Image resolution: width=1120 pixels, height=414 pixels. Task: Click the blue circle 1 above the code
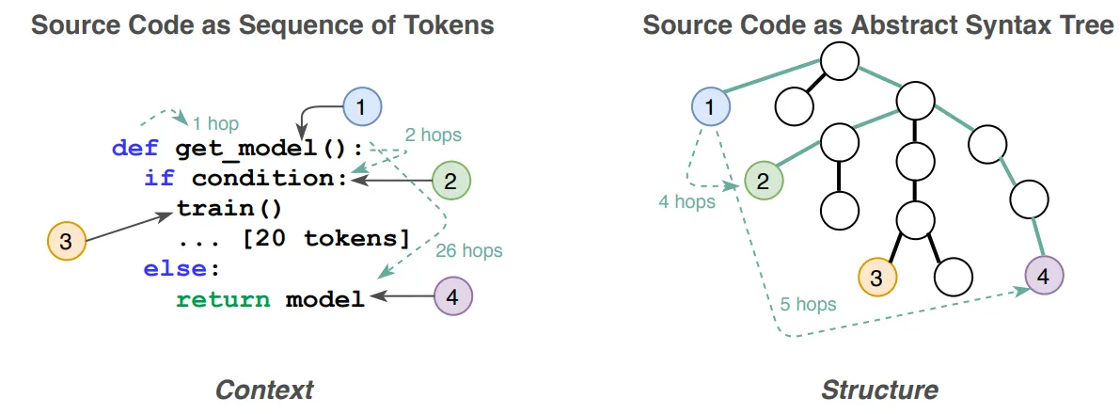[363, 108]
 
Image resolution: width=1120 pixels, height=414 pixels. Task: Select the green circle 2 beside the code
[450, 181]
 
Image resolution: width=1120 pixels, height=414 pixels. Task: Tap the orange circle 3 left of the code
[66, 242]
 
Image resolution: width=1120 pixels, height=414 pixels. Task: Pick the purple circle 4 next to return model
[453, 295]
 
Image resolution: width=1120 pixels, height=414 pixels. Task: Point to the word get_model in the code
[245, 150]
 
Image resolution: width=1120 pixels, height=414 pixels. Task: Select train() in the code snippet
[229, 209]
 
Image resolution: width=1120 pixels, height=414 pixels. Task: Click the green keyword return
[224, 299]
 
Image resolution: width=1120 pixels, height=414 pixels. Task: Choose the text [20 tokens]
[326, 239]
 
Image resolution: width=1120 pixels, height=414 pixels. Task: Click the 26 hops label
[468, 251]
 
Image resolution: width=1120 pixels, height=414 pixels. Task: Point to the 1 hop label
[215, 124]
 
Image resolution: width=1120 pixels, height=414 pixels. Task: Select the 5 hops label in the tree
[807, 305]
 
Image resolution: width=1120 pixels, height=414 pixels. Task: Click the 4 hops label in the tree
[686, 202]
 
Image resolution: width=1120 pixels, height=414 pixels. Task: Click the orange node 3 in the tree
[876, 277]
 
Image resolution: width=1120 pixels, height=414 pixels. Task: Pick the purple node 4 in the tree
[1044, 276]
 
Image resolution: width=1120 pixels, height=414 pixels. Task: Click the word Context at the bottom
[264, 390]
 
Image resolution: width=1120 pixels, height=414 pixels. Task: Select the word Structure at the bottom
[879, 390]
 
